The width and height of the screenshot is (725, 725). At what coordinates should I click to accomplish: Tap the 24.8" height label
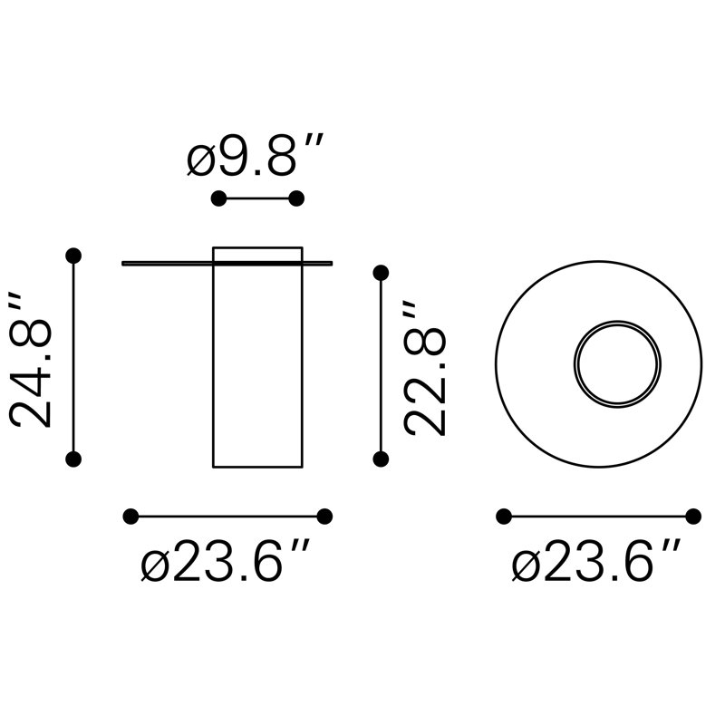pyautogui.click(x=30, y=360)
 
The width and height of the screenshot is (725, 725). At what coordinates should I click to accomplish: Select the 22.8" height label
pyautogui.click(x=424, y=368)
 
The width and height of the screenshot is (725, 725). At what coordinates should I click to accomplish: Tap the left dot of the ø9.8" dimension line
pyautogui.click(x=218, y=198)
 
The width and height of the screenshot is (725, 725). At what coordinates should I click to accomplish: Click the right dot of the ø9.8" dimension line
pyautogui.click(x=296, y=198)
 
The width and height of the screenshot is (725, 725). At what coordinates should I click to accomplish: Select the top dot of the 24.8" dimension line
pyautogui.click(x=73, y=256)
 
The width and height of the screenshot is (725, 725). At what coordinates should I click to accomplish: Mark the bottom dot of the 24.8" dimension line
pyautogui.click(x=73, y=459)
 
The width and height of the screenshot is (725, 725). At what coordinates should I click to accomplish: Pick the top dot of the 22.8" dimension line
pyautogui.click(x=381, y=274)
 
